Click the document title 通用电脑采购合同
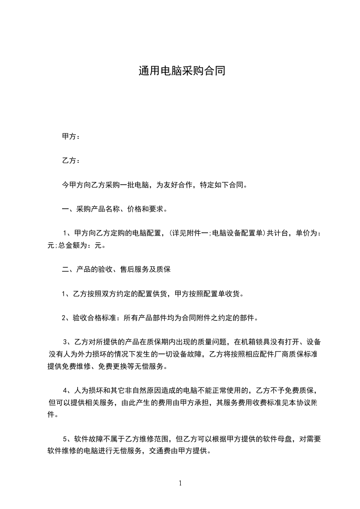[182, 71]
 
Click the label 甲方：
[71, 137]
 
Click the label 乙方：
[71, 161]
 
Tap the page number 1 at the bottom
[180, 483]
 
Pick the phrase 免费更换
[118, 366]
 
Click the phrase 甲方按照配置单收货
[209, 294]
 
